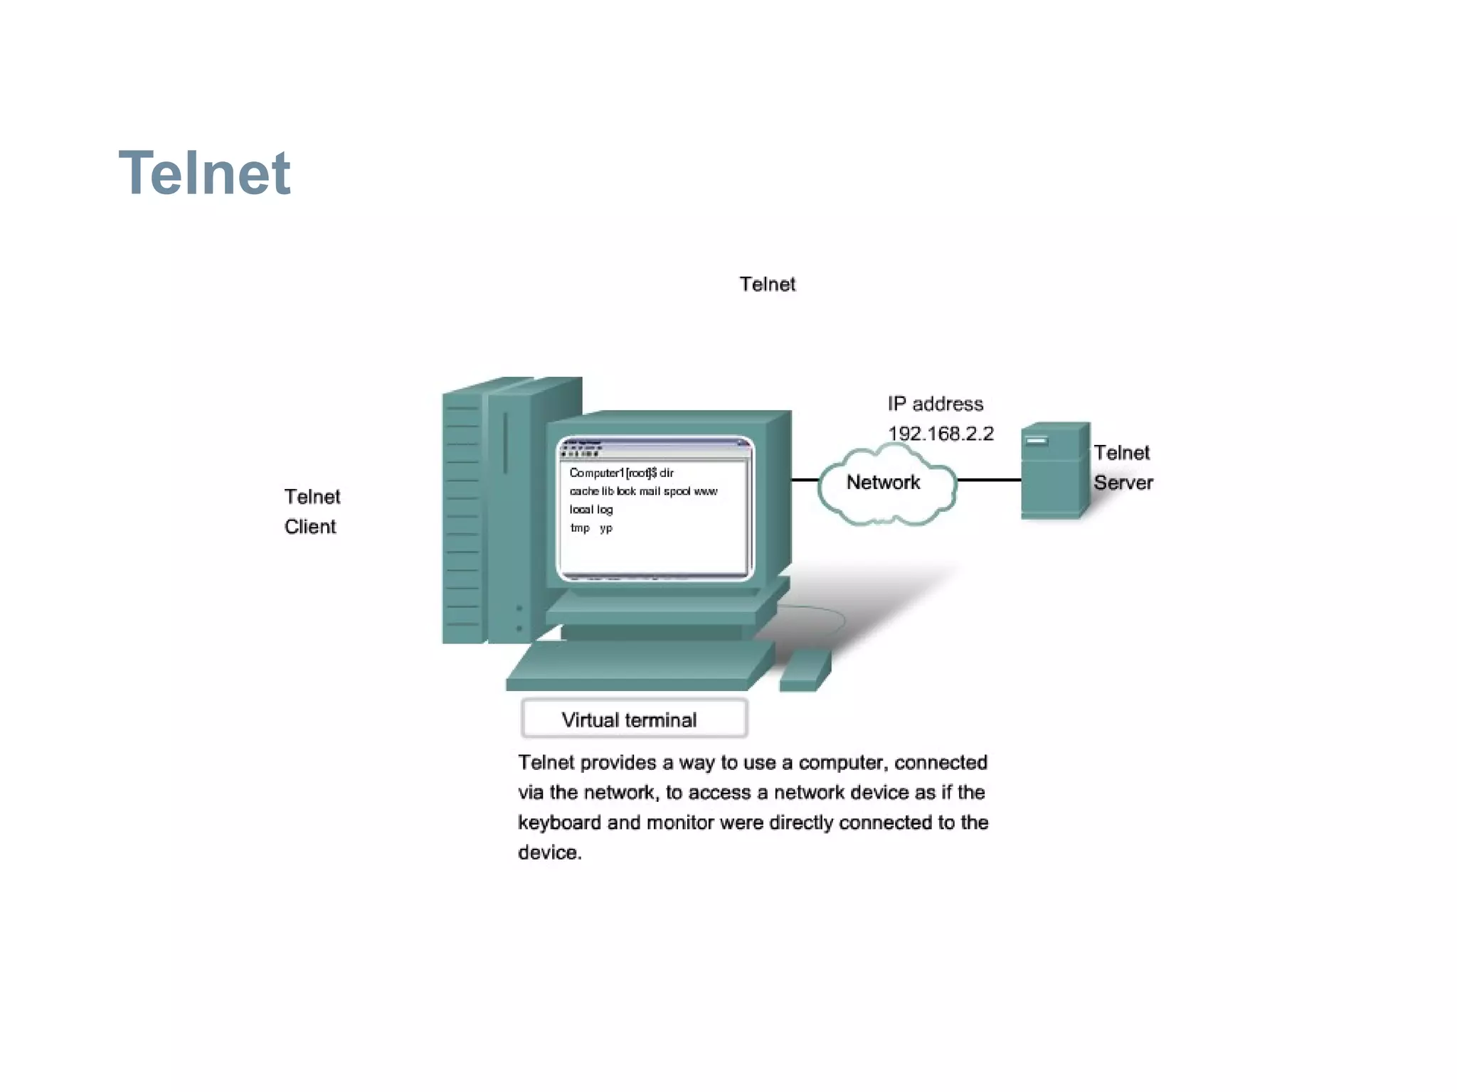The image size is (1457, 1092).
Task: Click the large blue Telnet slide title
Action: [204, 173]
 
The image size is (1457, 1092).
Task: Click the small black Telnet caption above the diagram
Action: [767, 284]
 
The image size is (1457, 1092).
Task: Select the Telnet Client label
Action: [312, 511]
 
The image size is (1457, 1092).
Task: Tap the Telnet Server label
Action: [1122, 468]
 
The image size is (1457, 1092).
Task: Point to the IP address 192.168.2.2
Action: [940, 434]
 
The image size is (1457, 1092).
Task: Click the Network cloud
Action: [884, 483]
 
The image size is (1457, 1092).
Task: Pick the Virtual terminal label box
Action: [633, 719]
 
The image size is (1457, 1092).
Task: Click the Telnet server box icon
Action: [1054, 471]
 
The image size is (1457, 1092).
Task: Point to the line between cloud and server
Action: [989, 480]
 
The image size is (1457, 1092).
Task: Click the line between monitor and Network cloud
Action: [805, 480]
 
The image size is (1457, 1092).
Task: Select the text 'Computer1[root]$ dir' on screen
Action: [620, 473]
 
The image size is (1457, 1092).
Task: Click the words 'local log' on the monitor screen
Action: [590, 509]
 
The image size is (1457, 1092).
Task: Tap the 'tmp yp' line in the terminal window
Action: [590, 528]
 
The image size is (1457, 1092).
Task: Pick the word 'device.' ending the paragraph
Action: [549, 852]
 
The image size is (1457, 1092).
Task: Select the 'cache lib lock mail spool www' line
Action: [642, 491]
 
